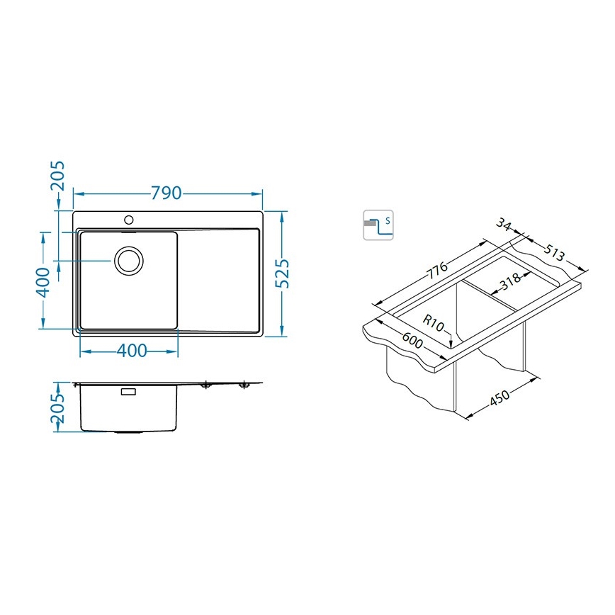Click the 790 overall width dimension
click(x=167, y=193)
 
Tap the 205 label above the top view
click(x=58, y=177)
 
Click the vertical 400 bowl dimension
click(x=43, y=281)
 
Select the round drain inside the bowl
click(x=129, y=260)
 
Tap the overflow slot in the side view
click(x=129, y=391)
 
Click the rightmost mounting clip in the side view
click(x=244, y=385)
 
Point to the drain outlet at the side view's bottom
click(x=129, y=431)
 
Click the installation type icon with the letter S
click(x=378, y=225)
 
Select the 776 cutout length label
click(x=436, y=271)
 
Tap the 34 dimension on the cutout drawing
click(x=504, y=225)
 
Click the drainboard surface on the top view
click(x=220, y=280)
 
